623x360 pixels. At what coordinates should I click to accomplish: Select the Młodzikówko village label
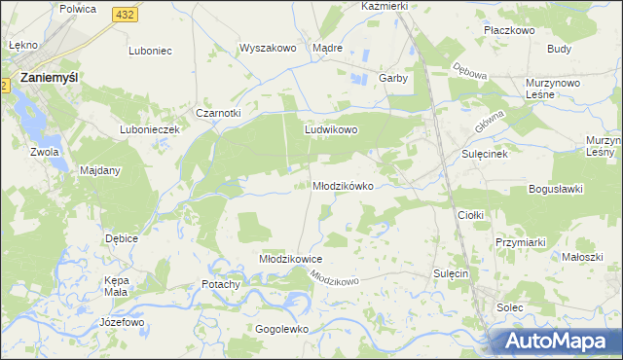point(343,186)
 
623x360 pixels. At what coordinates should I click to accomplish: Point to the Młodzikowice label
point(290,259)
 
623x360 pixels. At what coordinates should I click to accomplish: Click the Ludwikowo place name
point(332,128)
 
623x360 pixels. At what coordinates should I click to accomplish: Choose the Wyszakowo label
point(267,48)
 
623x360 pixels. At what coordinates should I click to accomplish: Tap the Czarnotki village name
point(218,113)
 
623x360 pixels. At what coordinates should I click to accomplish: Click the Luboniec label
point(150,50)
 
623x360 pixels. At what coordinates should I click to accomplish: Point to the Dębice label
point(122,237)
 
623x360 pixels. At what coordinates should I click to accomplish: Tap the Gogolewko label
point(281,329)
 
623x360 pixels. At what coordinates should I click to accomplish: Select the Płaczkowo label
point(510,30)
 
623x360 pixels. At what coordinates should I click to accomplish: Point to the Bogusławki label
point(555,189)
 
